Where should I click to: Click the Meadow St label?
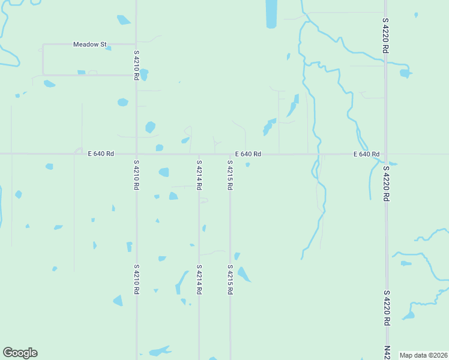point(89,44)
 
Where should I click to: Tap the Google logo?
point(20,353)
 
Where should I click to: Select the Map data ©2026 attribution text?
point(423,355)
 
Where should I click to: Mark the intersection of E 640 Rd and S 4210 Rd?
point(137,154)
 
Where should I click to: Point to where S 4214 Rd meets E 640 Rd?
point(199,154)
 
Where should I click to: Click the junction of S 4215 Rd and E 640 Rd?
point(230,154)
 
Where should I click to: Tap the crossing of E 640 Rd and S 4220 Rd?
point(385,154)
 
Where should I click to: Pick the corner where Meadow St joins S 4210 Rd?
point(136,44)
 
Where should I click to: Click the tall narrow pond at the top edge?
point(271,13)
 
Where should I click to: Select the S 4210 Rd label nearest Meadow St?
point(137,65)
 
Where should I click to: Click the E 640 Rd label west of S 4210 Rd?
point(100,154)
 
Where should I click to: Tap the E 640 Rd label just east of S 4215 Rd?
point(248,154)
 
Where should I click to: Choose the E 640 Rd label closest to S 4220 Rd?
point(366,154)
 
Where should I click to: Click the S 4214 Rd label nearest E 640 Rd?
point(199,175)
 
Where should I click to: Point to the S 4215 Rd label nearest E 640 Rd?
point(230,175)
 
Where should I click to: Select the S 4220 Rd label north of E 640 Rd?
point(385,37)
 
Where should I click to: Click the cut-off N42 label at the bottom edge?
point(386,353)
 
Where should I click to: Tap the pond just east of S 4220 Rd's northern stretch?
point(406,73)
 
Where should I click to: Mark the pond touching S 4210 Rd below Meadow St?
point(143,74)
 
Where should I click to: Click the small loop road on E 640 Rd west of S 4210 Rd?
point(78,150)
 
